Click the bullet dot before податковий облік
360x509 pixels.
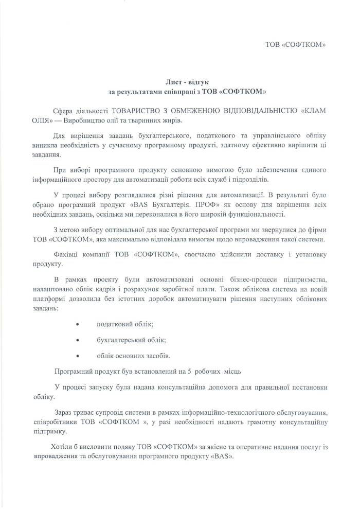pyautogui.click(x=77, y=325)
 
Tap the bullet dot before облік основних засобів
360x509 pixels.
pyautogui.click(x=77, y=355)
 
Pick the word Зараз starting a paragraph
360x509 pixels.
pyautogui.click(x=64, y=412)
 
